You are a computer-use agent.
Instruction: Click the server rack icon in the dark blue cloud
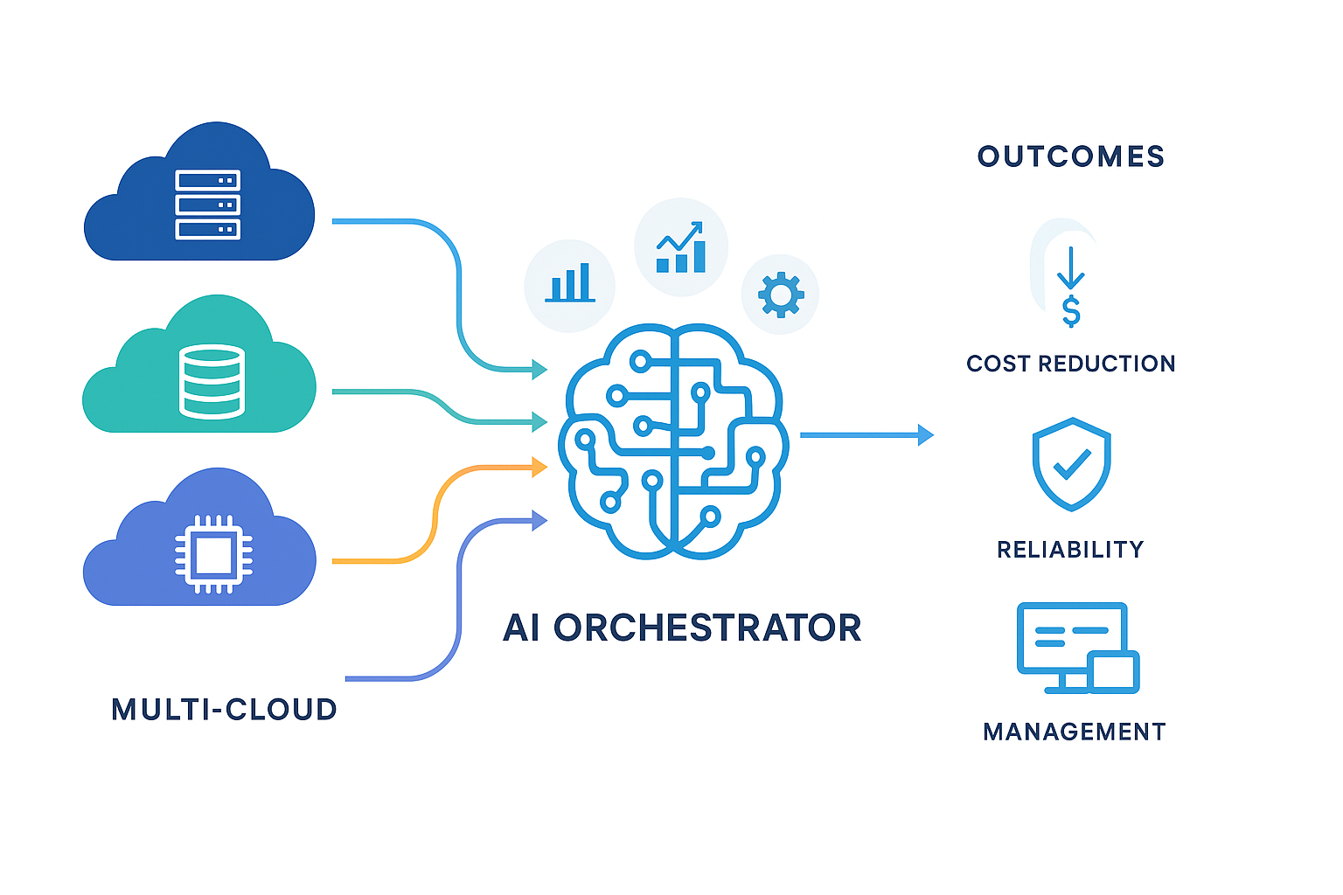207,205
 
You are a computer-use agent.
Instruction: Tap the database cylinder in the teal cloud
212,382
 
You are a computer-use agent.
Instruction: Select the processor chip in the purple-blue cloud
212,554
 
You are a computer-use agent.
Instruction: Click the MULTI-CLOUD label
224,709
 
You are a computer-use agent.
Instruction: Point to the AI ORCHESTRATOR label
682,628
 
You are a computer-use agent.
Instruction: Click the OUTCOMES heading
1071,156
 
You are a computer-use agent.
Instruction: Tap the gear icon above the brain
781,294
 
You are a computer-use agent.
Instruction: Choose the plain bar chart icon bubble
570,285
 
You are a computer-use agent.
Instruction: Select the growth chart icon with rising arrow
681,247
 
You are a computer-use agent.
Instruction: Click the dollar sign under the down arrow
1071,311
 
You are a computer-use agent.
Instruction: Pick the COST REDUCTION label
1071,364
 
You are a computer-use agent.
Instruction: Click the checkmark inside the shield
1072,464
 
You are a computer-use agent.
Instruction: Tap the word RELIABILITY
1070,549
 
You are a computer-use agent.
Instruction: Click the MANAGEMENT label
1075,732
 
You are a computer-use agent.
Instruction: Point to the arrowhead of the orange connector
539,468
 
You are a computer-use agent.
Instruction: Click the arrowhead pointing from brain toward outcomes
926,434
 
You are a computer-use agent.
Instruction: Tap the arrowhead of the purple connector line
539,522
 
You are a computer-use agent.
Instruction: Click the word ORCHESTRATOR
707,628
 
